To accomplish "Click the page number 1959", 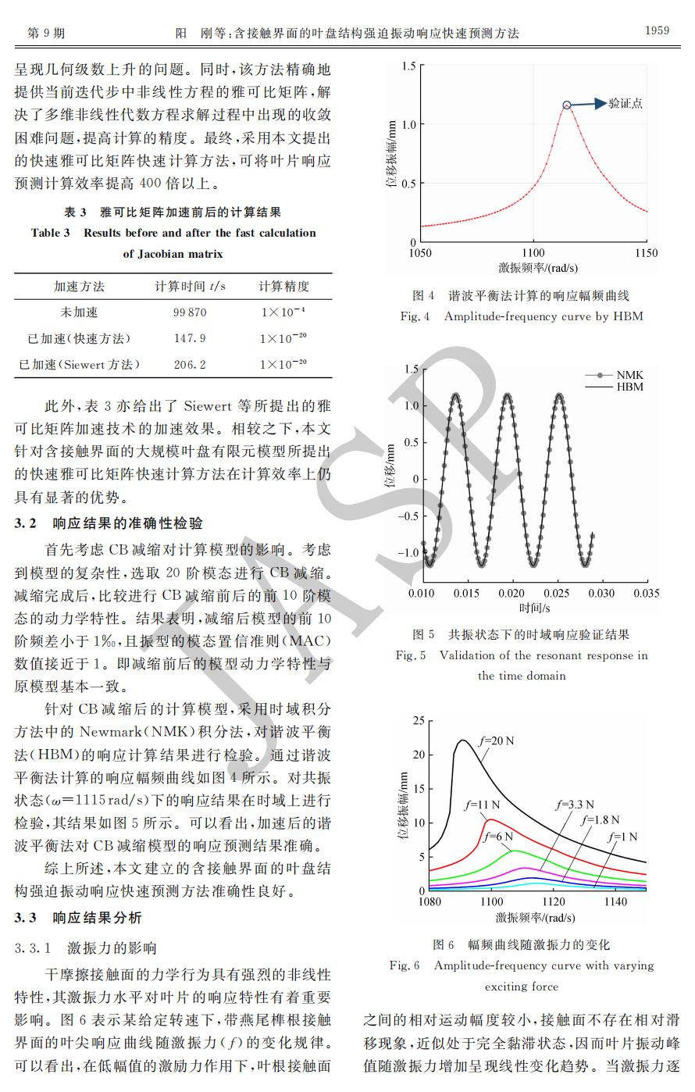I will [657, 30].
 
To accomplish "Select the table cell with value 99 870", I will [190, 312].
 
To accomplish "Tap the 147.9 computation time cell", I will [190, 338].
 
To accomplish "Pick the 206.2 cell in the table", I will [190, 365].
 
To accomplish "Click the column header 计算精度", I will [283, 287].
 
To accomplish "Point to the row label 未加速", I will [79, 312].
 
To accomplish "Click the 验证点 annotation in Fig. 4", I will [625, 103].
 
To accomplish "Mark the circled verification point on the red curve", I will [568, 105].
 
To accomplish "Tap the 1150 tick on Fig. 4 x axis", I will [646, 253].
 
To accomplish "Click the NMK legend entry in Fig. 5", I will [629, 375].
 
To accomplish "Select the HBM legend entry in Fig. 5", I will [629, 387].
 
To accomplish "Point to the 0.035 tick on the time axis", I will [646, 594].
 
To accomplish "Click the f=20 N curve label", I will [496, 740].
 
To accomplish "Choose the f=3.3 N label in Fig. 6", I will [575, 805].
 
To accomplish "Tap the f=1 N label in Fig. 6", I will [622, 837].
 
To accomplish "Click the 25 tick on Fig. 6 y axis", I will [419, 721].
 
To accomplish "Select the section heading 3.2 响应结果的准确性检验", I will [109, 523].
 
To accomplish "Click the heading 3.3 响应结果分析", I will [78, 918].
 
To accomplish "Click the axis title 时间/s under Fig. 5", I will [534, 608].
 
